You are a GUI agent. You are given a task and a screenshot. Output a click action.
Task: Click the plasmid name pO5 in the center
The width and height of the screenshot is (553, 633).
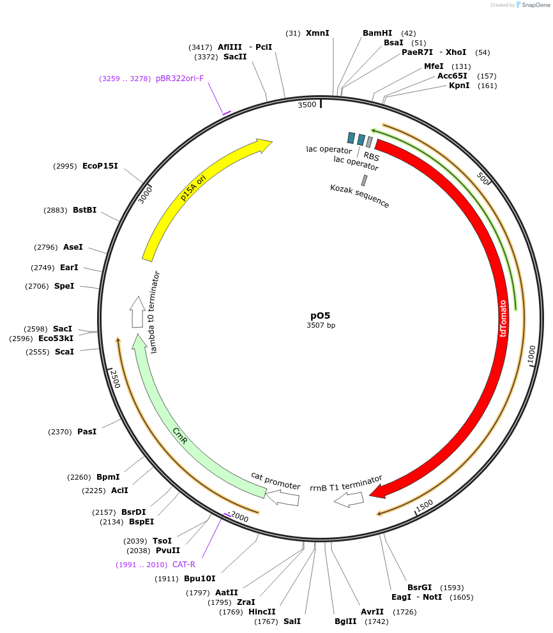321,316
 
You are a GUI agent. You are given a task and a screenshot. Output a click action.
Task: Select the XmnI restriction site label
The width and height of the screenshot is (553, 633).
317,33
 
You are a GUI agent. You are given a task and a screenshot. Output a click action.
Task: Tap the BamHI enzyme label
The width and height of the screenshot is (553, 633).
377,33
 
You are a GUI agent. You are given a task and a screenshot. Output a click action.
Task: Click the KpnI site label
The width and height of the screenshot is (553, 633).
459,86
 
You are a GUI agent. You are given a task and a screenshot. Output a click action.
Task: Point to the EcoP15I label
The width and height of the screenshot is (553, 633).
100,166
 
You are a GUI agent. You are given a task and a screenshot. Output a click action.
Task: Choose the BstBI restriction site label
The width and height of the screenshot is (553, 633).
85,210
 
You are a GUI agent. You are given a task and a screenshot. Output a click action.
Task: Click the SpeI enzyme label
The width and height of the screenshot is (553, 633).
64,286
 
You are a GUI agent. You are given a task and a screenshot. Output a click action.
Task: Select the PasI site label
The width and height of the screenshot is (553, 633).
87,432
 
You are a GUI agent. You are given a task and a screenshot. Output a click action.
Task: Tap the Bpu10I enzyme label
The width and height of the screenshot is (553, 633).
200,579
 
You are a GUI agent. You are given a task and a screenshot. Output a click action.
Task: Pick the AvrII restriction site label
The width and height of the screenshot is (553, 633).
372,612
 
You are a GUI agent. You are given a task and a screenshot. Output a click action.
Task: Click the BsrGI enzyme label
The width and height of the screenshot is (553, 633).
420,588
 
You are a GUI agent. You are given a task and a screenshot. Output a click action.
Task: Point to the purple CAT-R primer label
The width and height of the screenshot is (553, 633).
184,565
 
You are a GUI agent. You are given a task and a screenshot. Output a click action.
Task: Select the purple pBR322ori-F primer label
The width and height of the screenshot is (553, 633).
180,79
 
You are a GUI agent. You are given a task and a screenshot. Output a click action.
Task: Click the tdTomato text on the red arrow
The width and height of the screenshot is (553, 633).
503,318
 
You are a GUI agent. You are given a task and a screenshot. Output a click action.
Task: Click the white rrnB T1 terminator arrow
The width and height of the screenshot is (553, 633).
349,500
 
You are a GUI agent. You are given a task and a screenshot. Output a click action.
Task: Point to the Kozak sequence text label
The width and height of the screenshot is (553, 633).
360,196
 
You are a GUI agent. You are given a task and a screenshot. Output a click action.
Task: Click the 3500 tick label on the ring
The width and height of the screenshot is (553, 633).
307,105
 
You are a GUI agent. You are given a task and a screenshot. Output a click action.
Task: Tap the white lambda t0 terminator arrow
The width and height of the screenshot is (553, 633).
137,312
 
